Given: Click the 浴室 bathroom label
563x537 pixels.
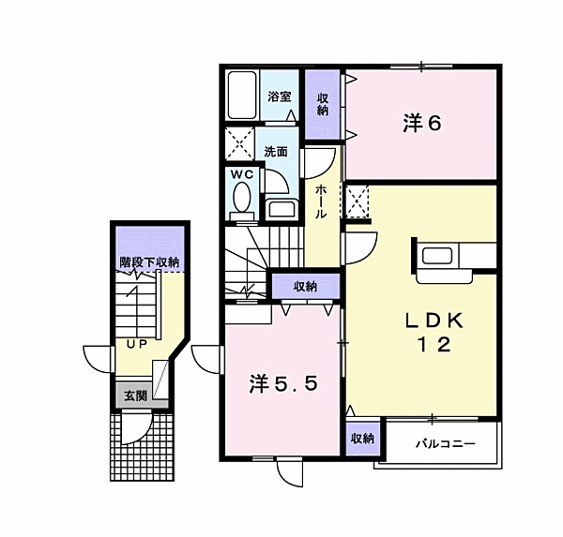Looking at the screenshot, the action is tap(279, 97).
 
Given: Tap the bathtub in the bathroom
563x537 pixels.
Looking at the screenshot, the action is tap(243, 95).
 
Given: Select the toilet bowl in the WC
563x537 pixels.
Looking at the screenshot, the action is tap(242, 198).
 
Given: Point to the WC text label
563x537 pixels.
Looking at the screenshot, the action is tap(242, 174).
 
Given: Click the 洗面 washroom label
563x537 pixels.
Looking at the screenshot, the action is tap(276, 152).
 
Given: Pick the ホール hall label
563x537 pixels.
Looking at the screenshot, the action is tap(321, 201).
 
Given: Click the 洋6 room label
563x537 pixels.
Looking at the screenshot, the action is tap(422, 124).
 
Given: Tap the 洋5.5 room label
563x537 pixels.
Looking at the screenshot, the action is tap(283, 384).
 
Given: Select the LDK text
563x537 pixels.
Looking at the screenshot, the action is tap(434, 321).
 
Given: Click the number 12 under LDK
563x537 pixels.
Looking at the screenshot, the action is tap(434, 345).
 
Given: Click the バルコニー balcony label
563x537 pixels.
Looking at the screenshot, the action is tap(446, 444).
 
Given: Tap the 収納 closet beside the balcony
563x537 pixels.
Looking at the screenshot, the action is tap(362, 438).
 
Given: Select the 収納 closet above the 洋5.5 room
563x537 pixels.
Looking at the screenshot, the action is tap(306, 286).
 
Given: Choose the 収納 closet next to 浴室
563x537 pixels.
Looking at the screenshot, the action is tap(323, 104).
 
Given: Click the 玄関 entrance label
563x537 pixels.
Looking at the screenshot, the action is tap(136, 395).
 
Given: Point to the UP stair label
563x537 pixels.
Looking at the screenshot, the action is tap(136, 344).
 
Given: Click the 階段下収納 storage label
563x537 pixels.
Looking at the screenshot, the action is tap(149, 262).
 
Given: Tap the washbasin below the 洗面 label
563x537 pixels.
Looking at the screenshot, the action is tap(281, 209).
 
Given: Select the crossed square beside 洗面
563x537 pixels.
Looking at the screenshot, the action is tap(239, 143).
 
